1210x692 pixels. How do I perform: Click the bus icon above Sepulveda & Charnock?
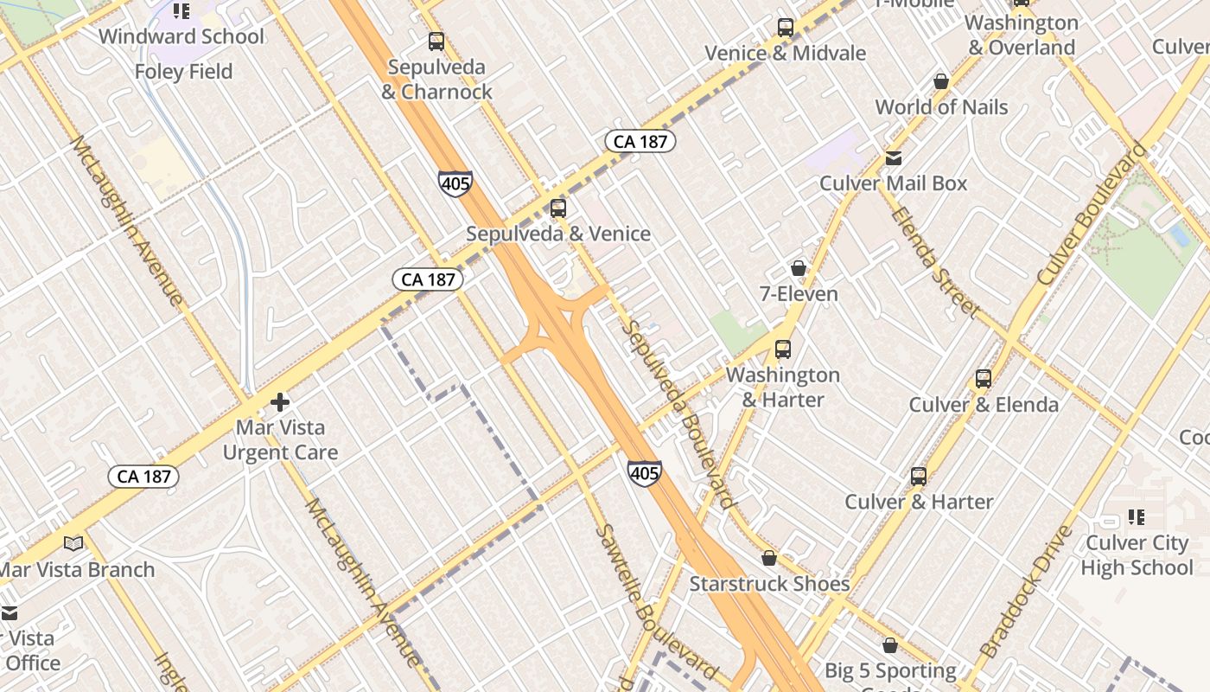436,41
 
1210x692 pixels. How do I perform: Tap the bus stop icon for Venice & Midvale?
785,27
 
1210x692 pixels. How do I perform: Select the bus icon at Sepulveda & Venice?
558,208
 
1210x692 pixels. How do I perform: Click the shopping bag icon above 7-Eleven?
799,268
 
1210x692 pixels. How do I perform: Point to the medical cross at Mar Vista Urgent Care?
280,402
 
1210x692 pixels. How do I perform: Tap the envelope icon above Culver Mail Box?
894,157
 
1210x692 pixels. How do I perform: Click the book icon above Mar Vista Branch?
74,543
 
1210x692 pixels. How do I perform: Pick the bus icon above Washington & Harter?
783,349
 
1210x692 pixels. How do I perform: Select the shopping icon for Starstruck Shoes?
769,558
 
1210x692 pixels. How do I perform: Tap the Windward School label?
181,36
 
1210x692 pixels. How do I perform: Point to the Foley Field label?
183,72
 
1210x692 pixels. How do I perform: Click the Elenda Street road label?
936,262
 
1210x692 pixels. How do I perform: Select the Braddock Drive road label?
1026,590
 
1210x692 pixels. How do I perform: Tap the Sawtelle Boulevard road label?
657,602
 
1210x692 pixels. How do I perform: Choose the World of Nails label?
941,107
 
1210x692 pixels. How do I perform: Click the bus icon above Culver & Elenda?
984,378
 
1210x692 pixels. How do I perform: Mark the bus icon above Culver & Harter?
919,476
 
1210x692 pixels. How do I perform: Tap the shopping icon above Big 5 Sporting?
890,645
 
